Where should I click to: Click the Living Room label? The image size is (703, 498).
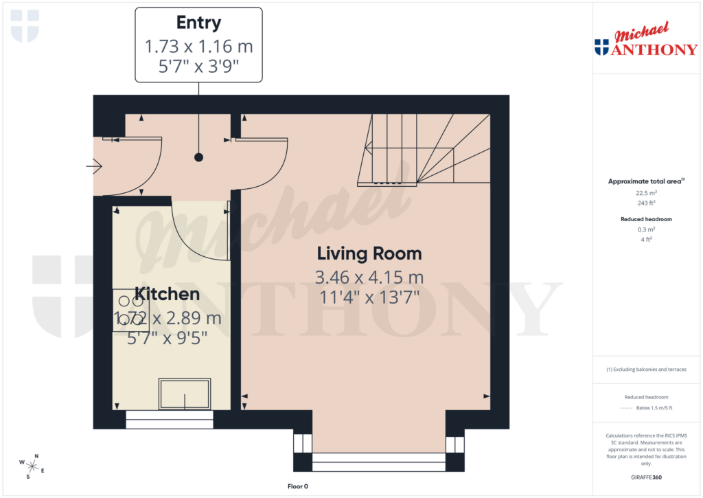(369, 253)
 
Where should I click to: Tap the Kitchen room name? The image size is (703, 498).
(167, 295)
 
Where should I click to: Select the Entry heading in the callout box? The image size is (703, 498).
(198, 23)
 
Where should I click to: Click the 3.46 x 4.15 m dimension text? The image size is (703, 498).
(369, 278)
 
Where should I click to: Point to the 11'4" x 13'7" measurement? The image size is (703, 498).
(369, 298)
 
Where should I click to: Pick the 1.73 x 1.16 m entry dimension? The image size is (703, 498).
(198, 47)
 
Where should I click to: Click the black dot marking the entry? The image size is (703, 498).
(198, 157)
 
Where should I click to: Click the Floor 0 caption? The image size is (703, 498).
(297, 486)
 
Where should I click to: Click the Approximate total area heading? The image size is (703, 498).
(645, 181)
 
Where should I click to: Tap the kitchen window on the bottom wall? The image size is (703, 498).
(169, 419)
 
